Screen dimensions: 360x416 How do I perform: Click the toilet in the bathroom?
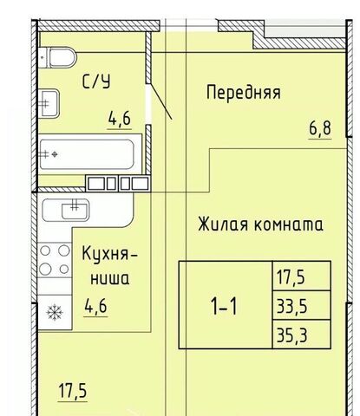click(58, 58)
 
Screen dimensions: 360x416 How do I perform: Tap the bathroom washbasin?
click(49, 103)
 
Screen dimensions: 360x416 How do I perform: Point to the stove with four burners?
click(55, 259)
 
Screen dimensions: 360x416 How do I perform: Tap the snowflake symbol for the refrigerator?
click(55, 313)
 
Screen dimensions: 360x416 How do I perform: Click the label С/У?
click(96, 81)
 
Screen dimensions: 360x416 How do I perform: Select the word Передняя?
click(243, 93)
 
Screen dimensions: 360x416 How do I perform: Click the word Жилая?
click(223, 224)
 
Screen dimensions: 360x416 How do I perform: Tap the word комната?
click(288, 225)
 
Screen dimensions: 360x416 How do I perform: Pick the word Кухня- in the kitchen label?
click(110, 254)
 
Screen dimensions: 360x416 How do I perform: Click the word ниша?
click(110, 279)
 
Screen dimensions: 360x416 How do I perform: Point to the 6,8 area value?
click(320, 128)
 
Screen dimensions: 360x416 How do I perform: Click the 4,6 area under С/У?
click(120, 119)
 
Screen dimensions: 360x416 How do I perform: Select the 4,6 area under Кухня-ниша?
click(95, 306)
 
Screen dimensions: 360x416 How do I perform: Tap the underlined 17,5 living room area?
click(73, 391)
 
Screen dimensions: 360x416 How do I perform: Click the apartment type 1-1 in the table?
click(225, 306)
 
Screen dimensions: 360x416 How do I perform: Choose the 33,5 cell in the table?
click(291, 306)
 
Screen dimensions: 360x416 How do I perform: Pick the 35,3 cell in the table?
click(291, 335)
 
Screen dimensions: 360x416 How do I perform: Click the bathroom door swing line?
click(161, 101)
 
